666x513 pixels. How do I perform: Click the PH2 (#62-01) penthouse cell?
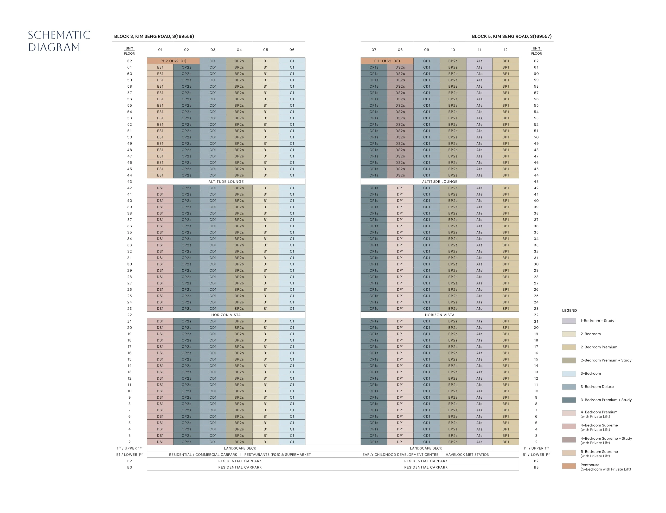(173, 61)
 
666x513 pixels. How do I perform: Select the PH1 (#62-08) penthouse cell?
(387, 61)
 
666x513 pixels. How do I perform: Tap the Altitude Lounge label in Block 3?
(226, 182)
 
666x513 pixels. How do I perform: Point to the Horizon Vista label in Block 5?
(440, 315)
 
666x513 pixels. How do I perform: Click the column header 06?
(292, 50)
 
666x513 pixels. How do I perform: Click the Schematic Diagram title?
(59, 41)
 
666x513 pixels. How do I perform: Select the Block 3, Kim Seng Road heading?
(154, 36)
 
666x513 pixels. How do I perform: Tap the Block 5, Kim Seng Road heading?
(512, 36)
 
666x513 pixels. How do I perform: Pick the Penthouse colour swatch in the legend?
(569, 466)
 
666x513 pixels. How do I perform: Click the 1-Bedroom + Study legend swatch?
(569, 321)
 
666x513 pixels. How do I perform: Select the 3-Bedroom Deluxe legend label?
(597, 386)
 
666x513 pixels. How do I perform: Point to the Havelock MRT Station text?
(468, 454)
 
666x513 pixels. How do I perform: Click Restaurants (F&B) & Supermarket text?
(278, 454)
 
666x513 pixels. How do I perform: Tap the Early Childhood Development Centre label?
(400, 454)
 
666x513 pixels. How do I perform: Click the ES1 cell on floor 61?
(160, 67)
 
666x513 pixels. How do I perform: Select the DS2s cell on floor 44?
(400, 175)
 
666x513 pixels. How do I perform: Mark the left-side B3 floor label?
(130, 467)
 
